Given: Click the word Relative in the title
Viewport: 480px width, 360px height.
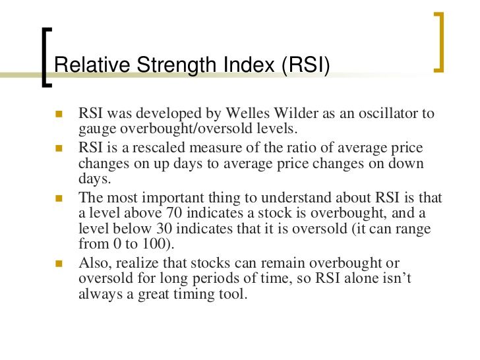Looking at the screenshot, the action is [x=92, y=65].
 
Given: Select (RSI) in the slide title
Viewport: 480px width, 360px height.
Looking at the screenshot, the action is [x=306, y=65].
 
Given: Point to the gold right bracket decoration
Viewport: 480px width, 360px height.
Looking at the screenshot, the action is [x=440, y=42].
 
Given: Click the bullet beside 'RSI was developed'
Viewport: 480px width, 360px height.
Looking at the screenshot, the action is [x=59, y=114].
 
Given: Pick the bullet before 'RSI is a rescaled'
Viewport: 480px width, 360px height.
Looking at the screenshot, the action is [x=59, y=148].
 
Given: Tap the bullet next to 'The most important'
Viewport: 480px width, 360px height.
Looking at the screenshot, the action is [x=59, y=198].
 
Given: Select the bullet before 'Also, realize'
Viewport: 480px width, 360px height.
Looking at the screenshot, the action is [x=59, y=264].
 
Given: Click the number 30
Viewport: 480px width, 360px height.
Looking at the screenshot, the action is [x=164, y=228].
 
